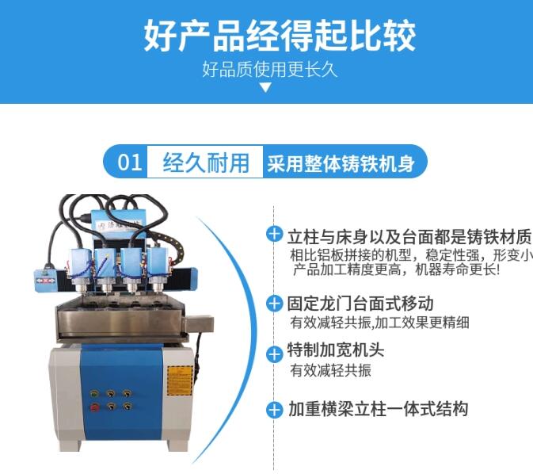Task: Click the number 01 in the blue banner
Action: click(130, 162)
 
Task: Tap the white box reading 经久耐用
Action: click(205, 162)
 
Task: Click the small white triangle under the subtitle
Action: click(265, 88)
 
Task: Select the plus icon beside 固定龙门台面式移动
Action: click(274, 303)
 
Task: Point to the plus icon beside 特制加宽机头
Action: click(274, 354)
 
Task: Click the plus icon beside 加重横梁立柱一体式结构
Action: click(274, 409)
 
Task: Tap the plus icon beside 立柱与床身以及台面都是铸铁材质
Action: click(274, 234)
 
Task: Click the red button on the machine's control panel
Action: click(94, 407)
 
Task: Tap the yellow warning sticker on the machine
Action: click(180, 380)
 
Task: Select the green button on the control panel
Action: click(94, 394)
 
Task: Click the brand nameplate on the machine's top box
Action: click(118, 225)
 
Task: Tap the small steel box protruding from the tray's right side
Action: click(199, 323)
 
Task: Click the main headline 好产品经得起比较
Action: click(280, 36)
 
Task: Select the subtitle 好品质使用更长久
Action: click(269, 70)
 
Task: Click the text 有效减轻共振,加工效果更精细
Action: click(379, 323)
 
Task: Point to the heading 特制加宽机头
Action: click(336, 350)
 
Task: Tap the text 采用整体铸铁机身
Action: click(341, 163)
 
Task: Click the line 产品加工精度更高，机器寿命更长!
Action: click(397, 269)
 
